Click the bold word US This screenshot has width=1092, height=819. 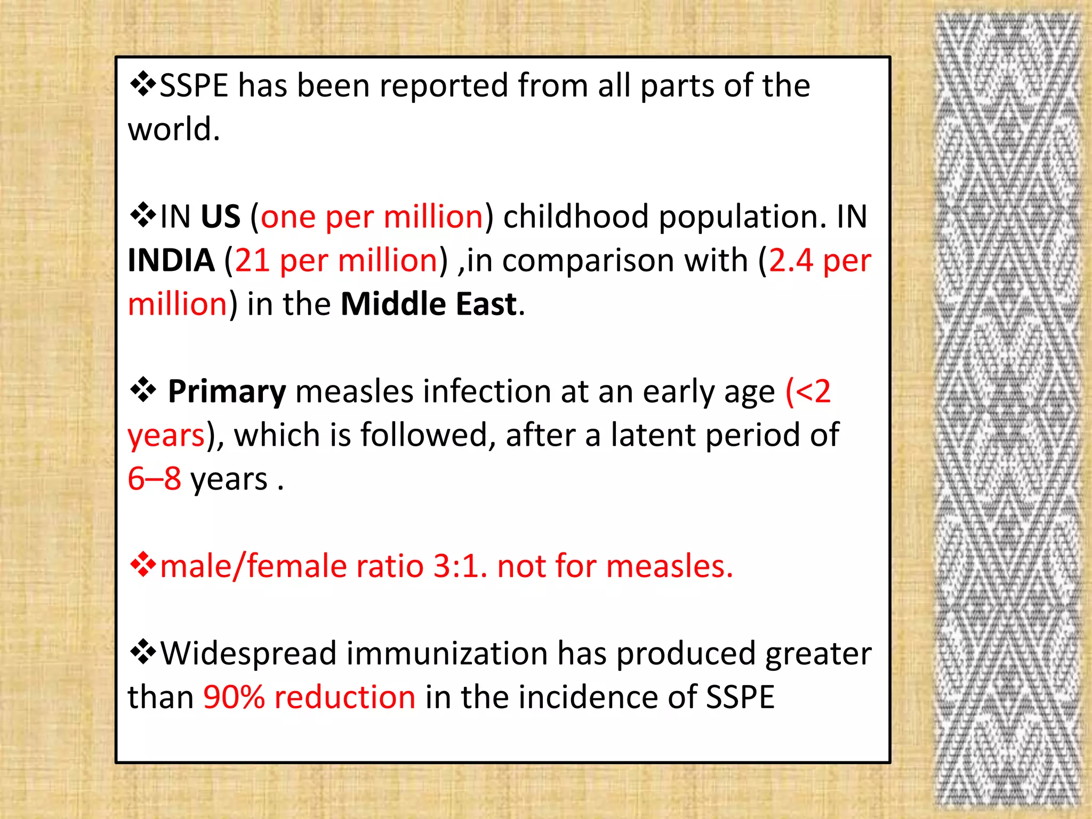tap(220, 216)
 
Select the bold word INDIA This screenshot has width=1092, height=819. tap(171, 260)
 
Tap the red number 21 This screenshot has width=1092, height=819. tap(252, 260)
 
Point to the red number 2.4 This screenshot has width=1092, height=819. tap(791, 260)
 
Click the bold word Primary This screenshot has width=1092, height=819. tap(227, 391)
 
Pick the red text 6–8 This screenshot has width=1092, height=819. tap(154, 478)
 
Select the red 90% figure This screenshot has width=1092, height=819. tap(234, 697)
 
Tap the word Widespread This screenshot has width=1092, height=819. tap(248, 653)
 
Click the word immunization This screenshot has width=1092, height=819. tap(447, 653)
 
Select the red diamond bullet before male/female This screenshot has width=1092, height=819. tap(143, 565)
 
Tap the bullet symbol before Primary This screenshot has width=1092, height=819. tap(143, 391)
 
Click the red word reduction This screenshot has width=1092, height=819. tap(344, 697)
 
